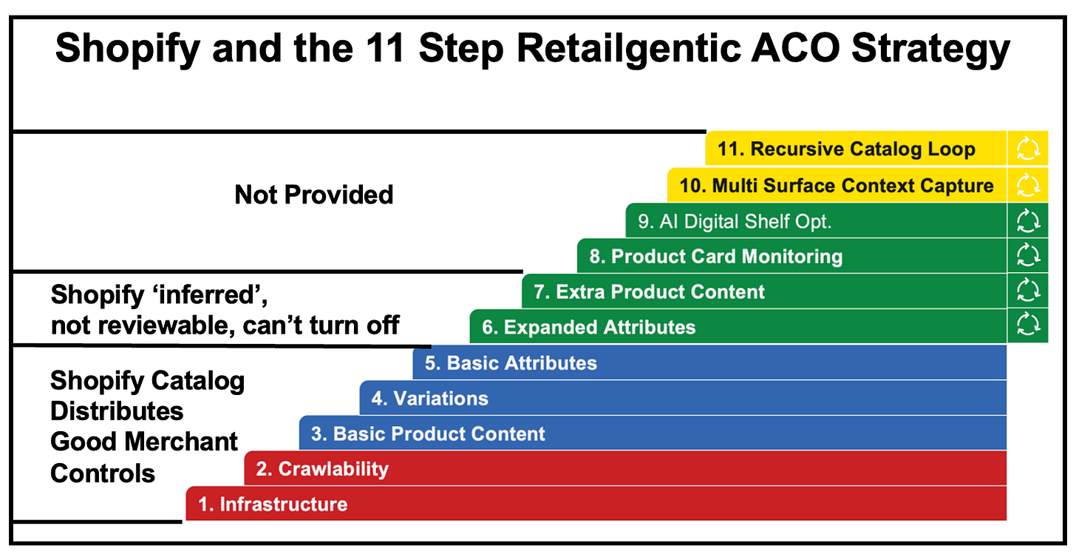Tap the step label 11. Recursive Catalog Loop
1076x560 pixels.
point(846,149)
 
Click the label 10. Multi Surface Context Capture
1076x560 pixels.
point(837,186)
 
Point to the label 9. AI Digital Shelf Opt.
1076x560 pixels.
point(735,222)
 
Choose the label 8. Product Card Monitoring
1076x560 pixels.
point(715,257)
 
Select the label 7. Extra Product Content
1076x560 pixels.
point(649,291)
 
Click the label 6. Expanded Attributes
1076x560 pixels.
point(588,328)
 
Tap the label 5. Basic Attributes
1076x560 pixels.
point(511,363)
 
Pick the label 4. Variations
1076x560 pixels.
point(429,399)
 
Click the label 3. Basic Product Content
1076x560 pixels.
point(427,434)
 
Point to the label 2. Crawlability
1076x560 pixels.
point(322,469)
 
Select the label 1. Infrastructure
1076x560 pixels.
point(273,505)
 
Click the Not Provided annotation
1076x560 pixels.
point(313,195)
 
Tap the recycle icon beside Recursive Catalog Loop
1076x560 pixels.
point(1028,149)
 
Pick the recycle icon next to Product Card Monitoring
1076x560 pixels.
point(1028,254)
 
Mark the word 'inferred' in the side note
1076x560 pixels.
point(210,294)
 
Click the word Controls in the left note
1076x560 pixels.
point(102,473)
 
